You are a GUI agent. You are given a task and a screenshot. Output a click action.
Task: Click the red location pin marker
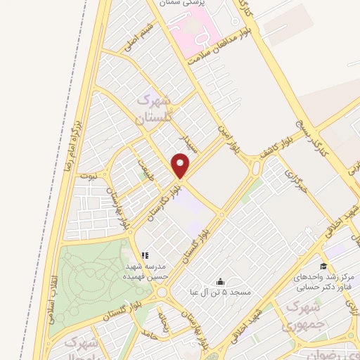(181, 167)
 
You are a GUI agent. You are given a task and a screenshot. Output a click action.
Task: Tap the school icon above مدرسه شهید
(144, 255)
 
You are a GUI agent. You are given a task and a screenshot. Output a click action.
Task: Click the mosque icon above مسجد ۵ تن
(221, 281)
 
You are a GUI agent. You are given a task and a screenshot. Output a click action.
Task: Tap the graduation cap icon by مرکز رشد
(323, 266)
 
